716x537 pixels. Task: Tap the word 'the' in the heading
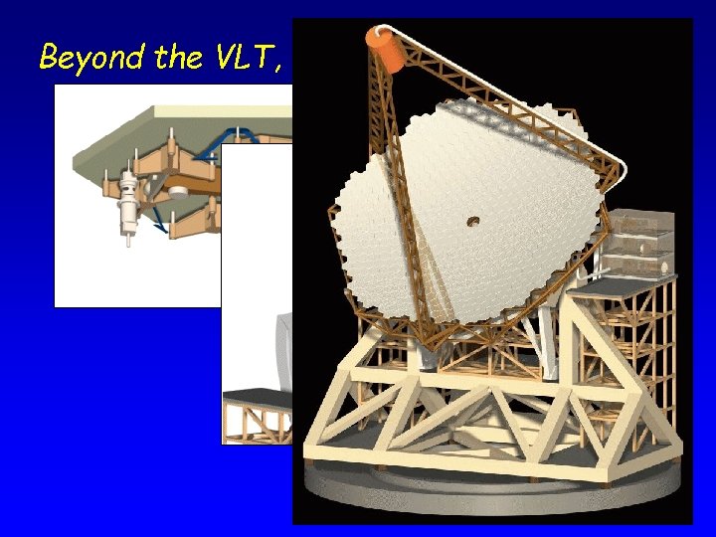tap(179, 58)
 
